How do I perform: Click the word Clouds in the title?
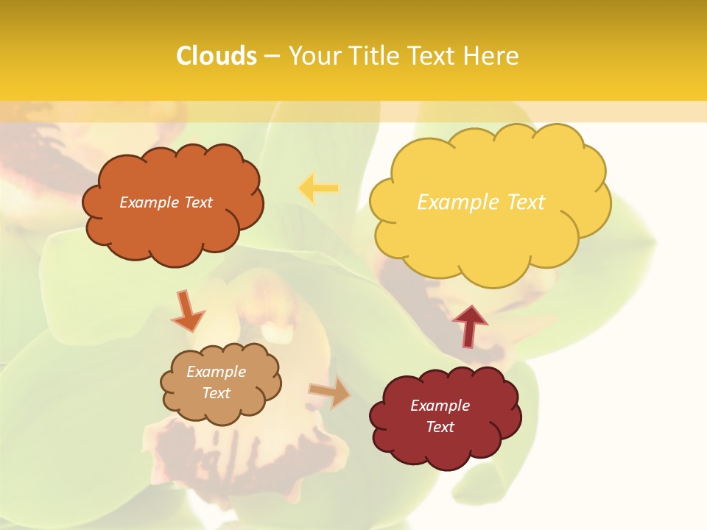[x=217, y=56]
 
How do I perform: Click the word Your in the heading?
[x=314, y=56]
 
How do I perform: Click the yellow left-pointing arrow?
[x=318, y=188]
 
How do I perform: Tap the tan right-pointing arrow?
[x=330, y=392]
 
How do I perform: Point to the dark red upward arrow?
[x=469, y=326]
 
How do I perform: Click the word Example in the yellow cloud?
[x=451, y=202]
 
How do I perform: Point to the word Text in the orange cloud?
[x=197, y=202]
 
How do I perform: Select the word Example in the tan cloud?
[x=216, y=372]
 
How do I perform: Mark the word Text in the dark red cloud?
[x=440, y=427]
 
